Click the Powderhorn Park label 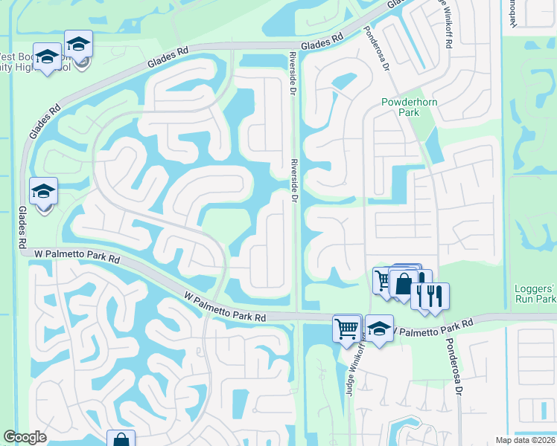pos(401,107)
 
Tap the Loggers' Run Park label pos(535,294)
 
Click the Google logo pos(25,438)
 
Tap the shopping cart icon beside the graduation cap pos(346,328)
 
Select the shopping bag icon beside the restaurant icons pos(403,284)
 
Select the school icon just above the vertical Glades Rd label pos(43,192)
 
